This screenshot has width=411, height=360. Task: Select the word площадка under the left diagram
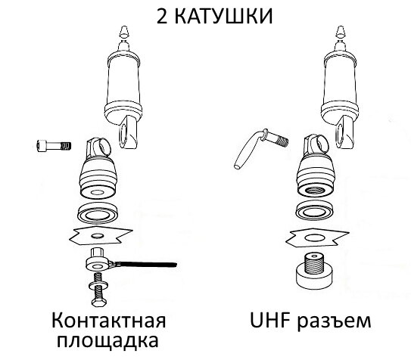pos(107,341)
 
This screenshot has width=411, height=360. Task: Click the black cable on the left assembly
pos(151,263)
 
